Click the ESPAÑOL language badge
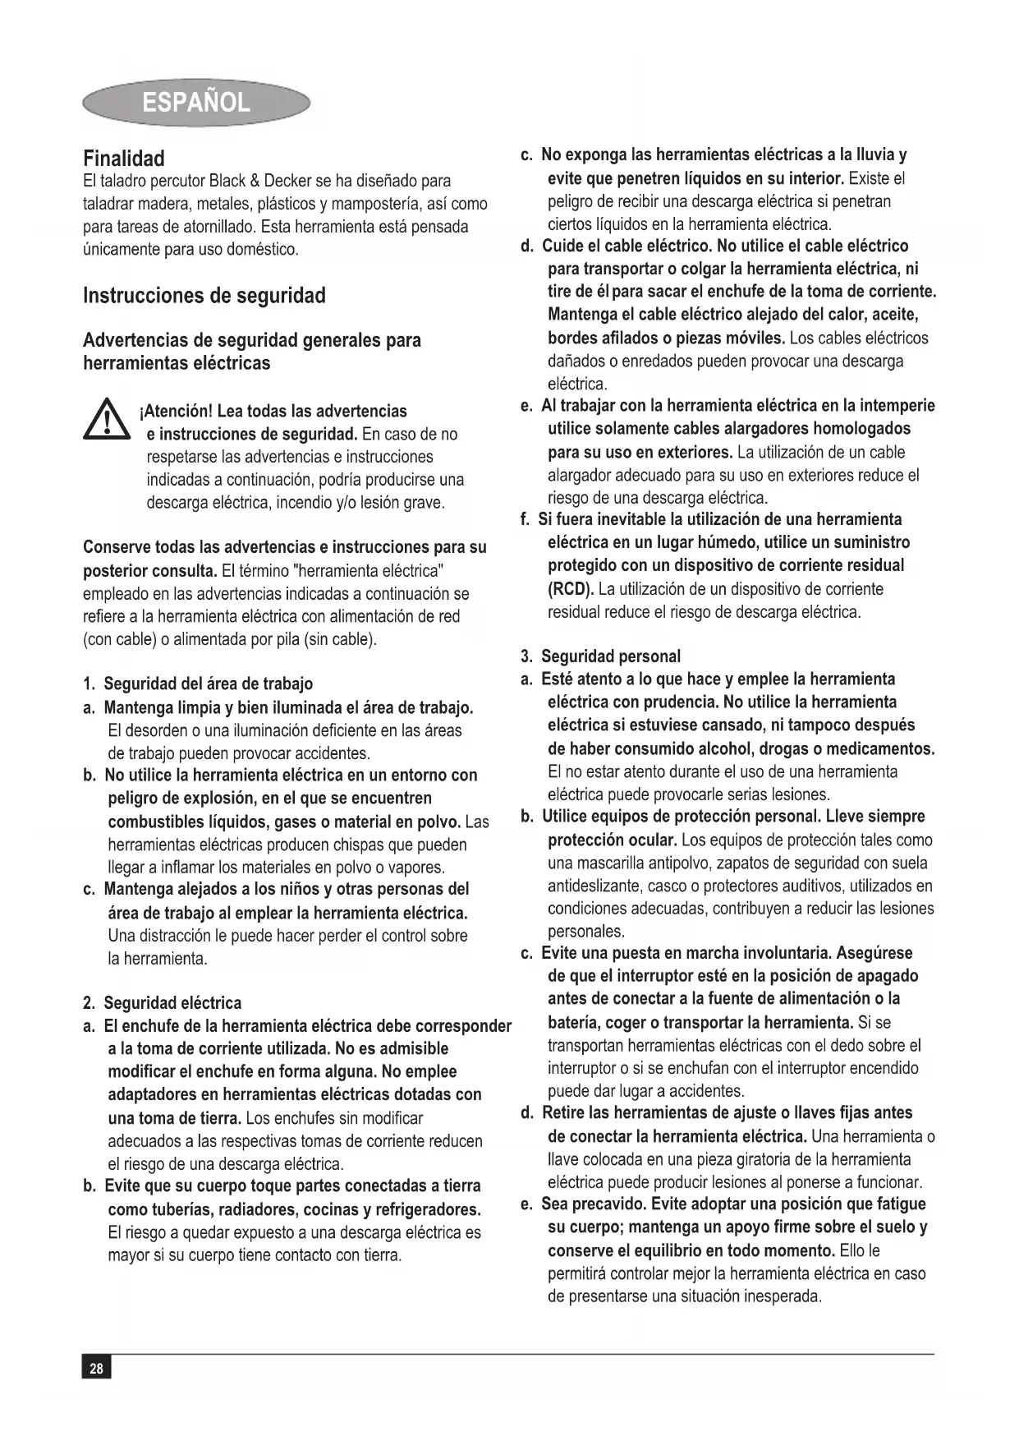[195, 103]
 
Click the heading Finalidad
[123, 159]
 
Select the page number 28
[96, 1368]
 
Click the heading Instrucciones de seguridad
[204, 296]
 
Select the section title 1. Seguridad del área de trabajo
[198, 684]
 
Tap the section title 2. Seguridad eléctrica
[163, 1002]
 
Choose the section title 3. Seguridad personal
[600, 656]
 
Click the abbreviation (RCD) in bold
[570, 589]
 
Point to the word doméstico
[256, 249]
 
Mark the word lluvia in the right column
[871, 155]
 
